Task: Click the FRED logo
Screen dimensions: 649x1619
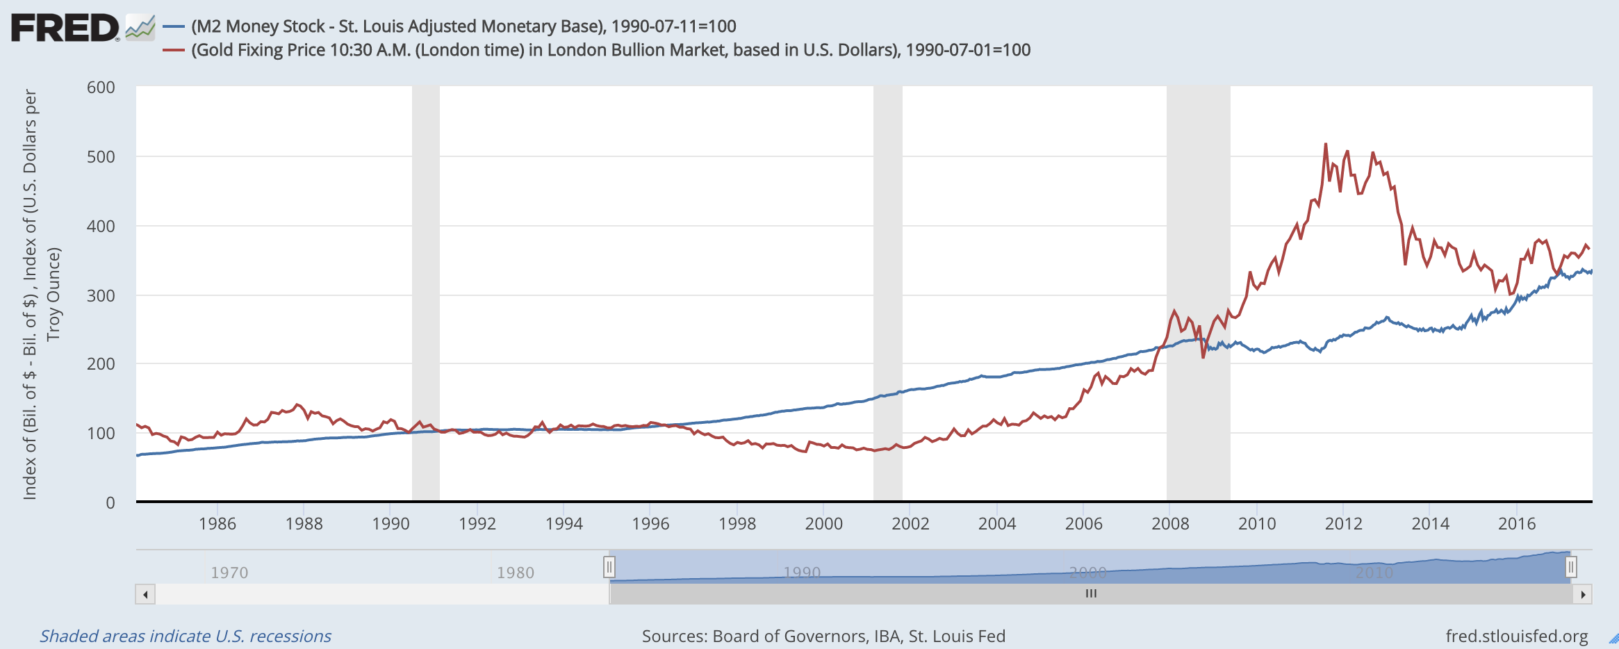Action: [65, 28]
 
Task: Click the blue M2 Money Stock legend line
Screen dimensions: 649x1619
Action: [173, 27]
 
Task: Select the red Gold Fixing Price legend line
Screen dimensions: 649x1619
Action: [173, 50]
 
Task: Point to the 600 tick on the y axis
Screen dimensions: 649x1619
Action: [101, 88]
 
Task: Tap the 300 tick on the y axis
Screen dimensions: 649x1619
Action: [101, 295]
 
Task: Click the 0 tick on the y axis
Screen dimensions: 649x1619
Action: [110, 502]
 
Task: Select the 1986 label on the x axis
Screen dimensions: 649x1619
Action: [217, 524]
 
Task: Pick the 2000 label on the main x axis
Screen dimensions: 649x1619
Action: [823, 524]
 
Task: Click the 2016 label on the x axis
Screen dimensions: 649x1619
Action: [1516, 524]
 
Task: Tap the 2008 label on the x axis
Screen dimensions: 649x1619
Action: [1170, 524]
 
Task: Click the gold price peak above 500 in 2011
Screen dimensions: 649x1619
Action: [1326, 145]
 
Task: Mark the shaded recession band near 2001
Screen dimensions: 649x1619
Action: [887, 292]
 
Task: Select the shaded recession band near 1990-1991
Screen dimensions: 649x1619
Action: [425, 292]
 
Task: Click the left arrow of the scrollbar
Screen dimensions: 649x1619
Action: [145, 594]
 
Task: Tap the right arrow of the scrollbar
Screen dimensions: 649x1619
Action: [1582, 594]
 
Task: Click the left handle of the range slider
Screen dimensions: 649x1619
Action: [609, 567]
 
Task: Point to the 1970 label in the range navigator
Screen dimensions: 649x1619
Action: [229, 573]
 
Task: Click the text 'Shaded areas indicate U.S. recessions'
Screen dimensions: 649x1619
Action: [186, 636]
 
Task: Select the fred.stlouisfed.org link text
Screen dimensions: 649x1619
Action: [1516, 636]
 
